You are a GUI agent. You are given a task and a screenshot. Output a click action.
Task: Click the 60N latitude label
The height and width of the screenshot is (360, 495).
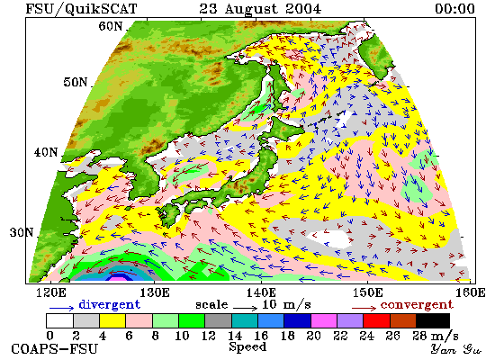[x=110, y=26]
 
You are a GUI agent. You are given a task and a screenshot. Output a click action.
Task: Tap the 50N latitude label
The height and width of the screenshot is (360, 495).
[x=75, y=82]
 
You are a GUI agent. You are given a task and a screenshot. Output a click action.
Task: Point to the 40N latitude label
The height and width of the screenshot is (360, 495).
[x=46, y=152]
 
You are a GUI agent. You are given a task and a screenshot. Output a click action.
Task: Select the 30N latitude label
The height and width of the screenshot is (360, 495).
[x=22, y=232]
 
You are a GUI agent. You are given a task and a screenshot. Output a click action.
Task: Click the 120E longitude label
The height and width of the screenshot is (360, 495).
[x=51, y=292]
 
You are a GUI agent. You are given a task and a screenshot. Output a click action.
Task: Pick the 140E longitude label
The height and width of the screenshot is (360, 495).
[x=261, y=292]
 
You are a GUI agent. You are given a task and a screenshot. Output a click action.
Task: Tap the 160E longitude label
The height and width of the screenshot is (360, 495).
[x=471, y=292]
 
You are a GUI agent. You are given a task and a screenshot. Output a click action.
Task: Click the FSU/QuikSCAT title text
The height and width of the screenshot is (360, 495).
[x=81, y=8]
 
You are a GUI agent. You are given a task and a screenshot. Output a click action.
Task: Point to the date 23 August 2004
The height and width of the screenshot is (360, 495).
[x=260, y=9]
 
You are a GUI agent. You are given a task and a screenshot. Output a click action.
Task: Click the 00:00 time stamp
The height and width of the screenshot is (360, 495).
[x=454, y=8]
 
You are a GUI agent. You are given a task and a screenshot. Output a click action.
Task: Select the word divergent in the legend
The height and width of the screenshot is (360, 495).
[x=109, y=304]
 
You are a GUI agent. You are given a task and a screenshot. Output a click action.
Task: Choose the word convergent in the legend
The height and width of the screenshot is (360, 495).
[x=417, y=305]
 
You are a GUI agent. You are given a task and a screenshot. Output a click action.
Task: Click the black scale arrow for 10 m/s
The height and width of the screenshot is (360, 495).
[x=246, y=307]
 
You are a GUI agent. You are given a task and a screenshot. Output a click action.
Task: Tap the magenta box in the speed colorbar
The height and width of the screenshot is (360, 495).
[x=324, y=320]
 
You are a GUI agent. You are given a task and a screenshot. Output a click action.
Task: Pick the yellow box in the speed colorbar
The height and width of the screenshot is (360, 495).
[x=112, y=320]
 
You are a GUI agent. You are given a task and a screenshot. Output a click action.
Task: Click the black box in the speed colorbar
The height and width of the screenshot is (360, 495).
[x=433, y=320]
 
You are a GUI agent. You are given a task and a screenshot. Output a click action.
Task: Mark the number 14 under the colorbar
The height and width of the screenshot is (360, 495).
[x=235, y=336]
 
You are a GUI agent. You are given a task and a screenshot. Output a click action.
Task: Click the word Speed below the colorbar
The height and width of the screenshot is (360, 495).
[x=247, y=347]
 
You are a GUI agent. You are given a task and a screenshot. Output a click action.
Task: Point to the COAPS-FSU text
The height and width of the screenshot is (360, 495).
[x=54, y=349]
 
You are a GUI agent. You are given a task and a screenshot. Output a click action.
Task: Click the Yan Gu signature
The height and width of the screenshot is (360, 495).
[x=455, y=348]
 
